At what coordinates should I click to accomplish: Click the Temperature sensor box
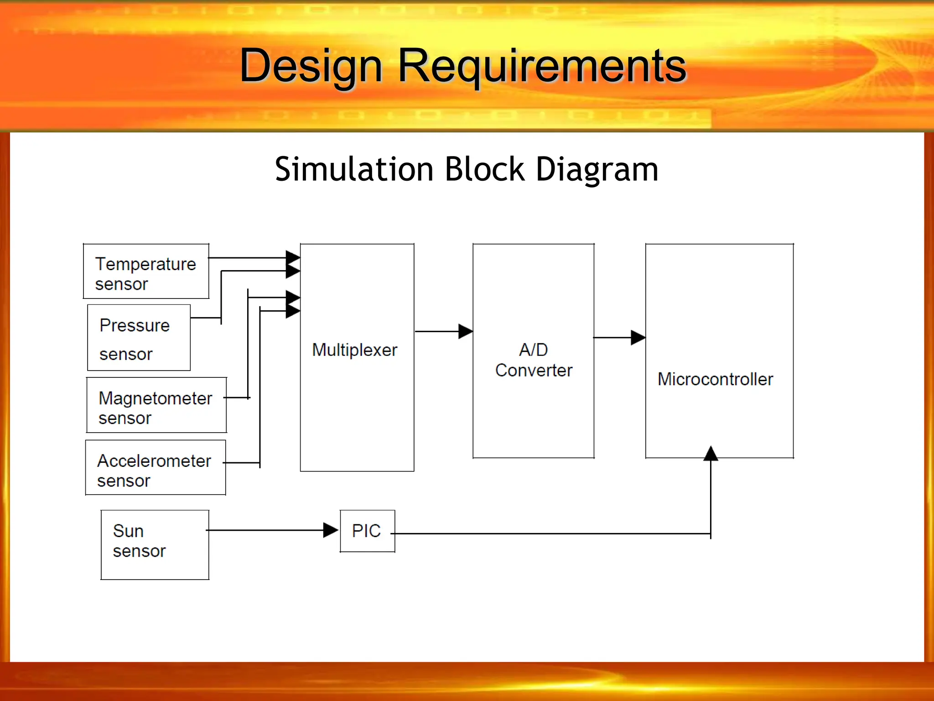click(x=146, y=272)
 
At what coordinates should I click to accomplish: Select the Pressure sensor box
click(x=139, y=338)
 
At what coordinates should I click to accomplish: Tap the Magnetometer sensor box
click(x=156, y=405)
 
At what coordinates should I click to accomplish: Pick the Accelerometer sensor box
click(x=156, y=468)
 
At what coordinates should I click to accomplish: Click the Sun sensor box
click(x=155, y=545)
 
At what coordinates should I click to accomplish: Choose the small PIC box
click(x=367, y=531)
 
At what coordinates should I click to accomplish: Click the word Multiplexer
click(x=355, y=350)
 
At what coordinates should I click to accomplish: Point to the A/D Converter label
click(x=534, y=360)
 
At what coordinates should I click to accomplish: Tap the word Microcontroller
click(x=715, y=379)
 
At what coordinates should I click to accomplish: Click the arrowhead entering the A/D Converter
click(x=465, y=331)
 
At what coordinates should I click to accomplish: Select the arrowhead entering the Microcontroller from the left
click(x=638, y=338)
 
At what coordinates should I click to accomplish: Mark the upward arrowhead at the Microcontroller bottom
click(x=711, y=453)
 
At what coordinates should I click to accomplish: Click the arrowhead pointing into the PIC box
click(x=330, y=530)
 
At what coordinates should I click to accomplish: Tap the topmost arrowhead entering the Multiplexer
click(x=292, y=257)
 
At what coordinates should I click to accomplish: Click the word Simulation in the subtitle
click(x=353, y=169)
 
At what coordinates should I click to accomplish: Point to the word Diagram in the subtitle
click(x=597, y=169)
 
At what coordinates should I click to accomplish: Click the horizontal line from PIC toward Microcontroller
click(x=547, y=534)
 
